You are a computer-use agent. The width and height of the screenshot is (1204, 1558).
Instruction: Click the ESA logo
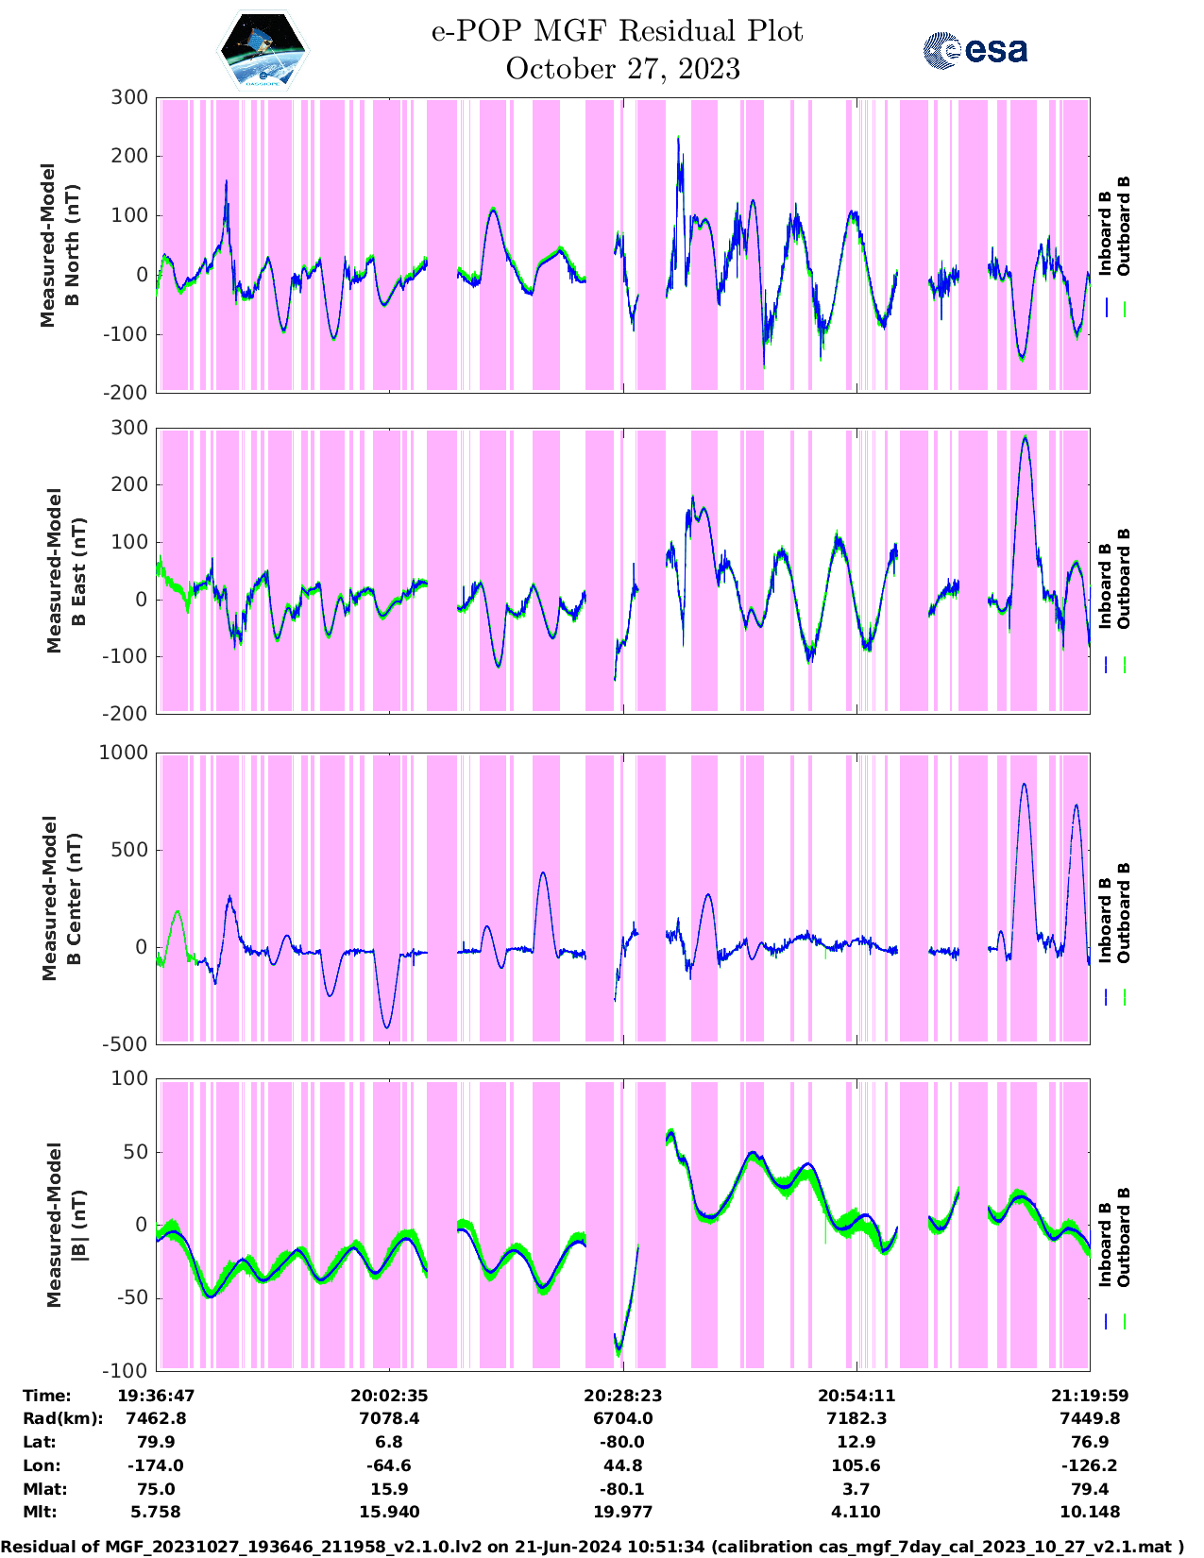[x=975, y=50]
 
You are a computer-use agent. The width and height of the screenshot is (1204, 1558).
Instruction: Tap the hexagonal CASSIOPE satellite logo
[x=263, y=49]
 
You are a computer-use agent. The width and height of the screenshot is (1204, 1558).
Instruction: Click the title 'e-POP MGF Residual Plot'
[x=617, y=31]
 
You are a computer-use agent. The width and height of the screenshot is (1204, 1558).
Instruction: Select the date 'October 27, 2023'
[x=622, y=69]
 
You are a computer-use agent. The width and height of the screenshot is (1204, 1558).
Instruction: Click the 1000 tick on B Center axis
[x=124, y=753]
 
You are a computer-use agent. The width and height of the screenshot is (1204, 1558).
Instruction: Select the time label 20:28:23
[x=622, y=1396]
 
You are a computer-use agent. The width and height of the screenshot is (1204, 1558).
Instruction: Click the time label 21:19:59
[x=1090, y=1396]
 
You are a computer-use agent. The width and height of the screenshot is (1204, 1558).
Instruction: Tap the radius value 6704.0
[x=622, y=1418]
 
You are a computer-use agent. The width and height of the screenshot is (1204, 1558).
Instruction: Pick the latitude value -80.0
[x=622, y=1442]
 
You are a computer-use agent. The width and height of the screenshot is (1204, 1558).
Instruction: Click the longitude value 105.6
[x=856, y=1465]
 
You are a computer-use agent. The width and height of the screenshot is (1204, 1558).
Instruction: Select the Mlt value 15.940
[x=389, y=1512]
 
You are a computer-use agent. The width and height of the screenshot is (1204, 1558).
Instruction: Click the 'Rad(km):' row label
[x=63, y=1418]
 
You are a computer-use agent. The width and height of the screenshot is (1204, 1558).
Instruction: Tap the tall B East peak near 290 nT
[x=1025, y=438]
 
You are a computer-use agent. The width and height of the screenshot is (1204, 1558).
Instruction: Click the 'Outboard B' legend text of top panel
[x=1124, y=227]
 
